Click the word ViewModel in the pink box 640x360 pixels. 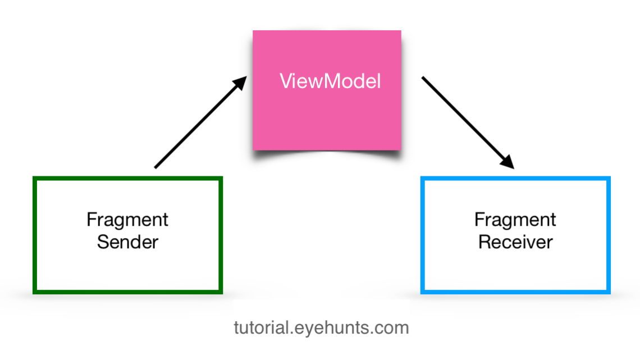pyautogui.click(x=330, y=82)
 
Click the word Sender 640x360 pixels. pyautogui.click(x=128, y=242)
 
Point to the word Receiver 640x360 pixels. pyautogui.click(x=515, y=242)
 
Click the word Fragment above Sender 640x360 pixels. pyautogui.click(x=128, y=219)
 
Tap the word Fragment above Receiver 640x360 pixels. pyautogui.click(x=515, y=219)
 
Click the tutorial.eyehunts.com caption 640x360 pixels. pyautogui.click(x=321, y=327)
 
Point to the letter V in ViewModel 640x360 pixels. pyautogui.click(x=285, y=82)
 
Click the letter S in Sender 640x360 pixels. pyautogui.click(x=103, y=242)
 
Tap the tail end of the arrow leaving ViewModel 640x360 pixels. pyautogui.click(x=424, y=79)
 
